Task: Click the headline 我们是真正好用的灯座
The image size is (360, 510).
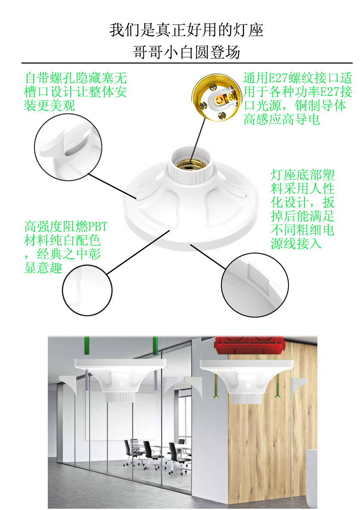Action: click(x=186, y=30)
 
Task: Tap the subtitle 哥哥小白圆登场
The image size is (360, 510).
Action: click(x=186, y=53)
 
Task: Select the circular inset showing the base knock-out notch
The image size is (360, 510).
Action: click(x=255, y=285)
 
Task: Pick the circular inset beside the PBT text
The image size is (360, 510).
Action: click(x=87, y=290)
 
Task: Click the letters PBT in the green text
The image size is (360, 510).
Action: click(x=98, y=226)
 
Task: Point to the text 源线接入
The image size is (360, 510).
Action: click(x=296, y=243)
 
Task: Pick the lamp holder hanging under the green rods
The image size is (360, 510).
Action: click(x=121, y=380)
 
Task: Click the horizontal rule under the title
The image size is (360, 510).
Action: click(x=187, y=63)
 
